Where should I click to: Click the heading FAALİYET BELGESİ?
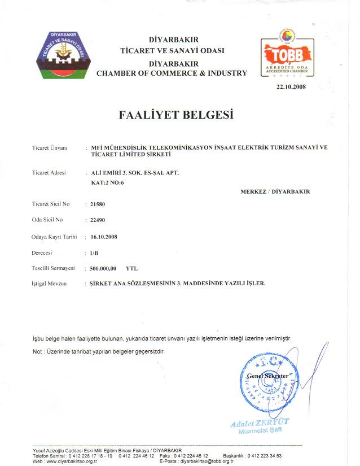(x=177, y=115)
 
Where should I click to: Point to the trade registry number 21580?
(x=98, y=202)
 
